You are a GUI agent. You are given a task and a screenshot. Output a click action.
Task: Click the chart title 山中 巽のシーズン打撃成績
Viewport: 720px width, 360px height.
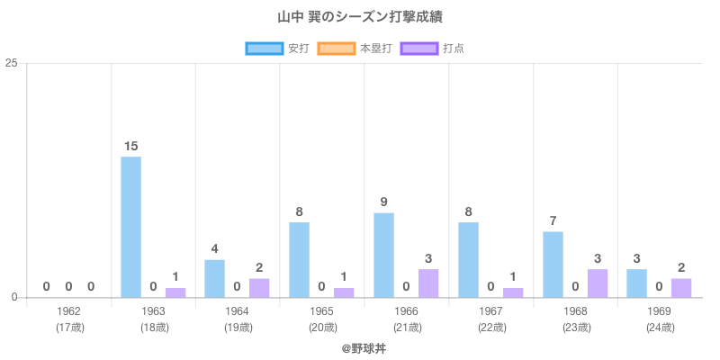(359, 17)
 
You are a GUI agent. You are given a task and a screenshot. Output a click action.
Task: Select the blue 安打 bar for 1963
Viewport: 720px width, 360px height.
(130, 227)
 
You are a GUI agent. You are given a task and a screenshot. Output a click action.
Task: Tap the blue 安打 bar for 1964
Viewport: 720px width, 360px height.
(214, 278)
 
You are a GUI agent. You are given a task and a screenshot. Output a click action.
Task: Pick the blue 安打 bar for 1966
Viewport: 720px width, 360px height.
(383, 255)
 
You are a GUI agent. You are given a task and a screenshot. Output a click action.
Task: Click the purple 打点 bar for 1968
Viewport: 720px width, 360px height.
(598, 283)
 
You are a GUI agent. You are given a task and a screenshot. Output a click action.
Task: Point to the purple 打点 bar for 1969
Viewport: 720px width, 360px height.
(681, 287)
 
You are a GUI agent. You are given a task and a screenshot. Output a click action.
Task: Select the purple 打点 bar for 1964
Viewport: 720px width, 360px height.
(259, 287)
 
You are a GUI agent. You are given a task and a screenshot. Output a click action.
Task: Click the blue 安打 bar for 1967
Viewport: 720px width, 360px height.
(468, 259)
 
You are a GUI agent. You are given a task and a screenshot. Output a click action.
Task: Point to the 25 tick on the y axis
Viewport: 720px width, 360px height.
(12, 63)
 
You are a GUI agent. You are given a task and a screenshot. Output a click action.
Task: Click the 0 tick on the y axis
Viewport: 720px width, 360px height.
(15, 297)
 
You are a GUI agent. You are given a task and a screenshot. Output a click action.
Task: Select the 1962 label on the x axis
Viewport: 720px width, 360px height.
(69, 311)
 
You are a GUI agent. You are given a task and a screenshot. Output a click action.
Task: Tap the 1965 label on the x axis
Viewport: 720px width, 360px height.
(322, 311)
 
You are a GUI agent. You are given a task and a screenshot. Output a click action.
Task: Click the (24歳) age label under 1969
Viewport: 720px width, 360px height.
(660, 327)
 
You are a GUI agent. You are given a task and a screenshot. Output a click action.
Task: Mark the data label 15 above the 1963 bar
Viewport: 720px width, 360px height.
(130, 146)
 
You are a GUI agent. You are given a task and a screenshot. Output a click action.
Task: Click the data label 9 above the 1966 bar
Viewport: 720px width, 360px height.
(383, 202)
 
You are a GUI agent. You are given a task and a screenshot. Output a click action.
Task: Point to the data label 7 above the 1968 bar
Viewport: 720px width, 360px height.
(553, 220)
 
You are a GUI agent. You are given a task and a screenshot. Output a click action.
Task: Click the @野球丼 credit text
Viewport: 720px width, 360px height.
(359, 346)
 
